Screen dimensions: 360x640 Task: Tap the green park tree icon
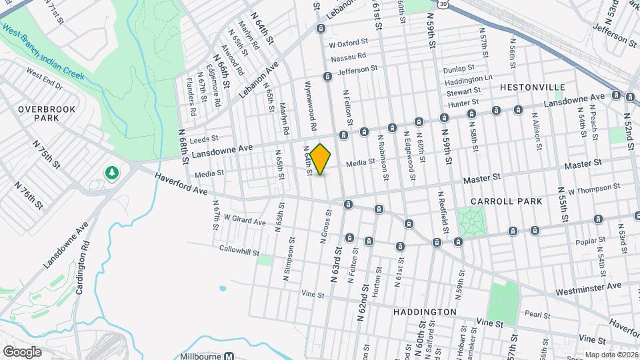click(112, 173)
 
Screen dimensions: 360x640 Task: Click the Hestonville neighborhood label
click(532, 87)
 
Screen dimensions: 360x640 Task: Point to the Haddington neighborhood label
click(425, 311)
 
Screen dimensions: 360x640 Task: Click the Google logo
click(21, 351)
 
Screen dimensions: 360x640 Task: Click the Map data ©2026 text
click(611, 355)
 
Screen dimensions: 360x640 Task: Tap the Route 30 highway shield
click(453, 3)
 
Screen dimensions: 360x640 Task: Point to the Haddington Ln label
click(469, 78)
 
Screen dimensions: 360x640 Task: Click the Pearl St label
click(536, 315)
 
